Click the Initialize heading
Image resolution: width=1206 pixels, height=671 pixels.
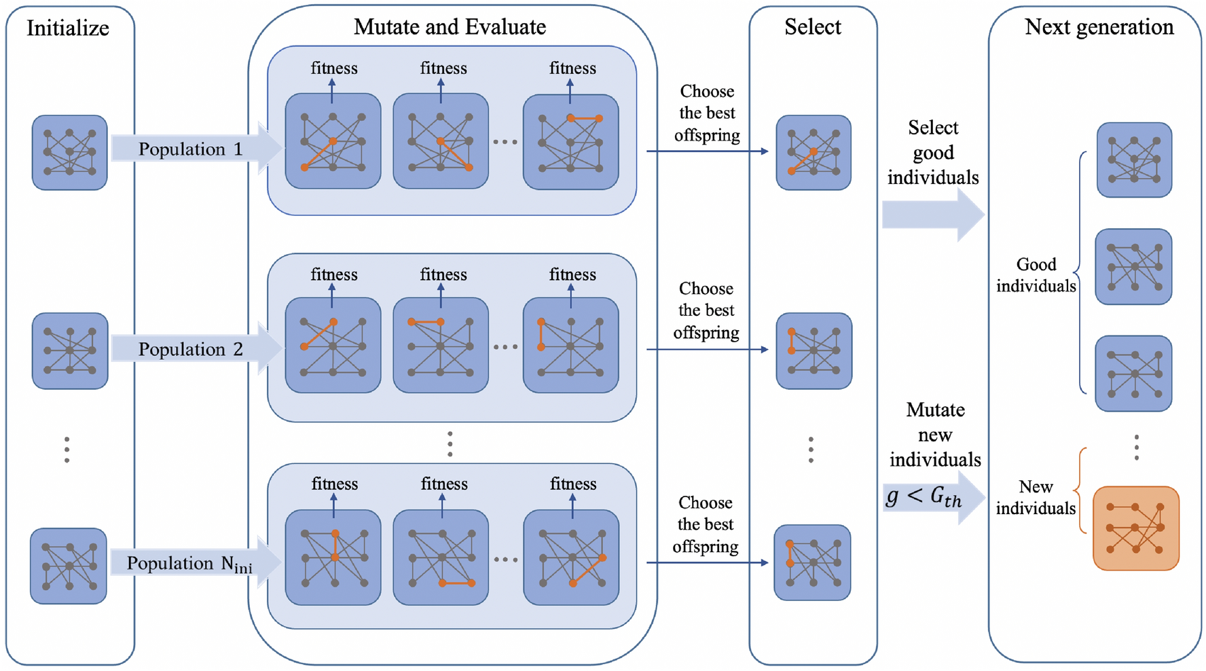[x=68, y=29]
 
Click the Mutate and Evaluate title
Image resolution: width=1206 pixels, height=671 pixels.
[x=450, y=27]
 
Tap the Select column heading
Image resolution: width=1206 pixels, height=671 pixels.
[x=812, y=27]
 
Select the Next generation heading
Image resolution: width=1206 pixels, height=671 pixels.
[x=1099, y=27]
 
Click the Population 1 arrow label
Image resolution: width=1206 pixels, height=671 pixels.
[x=190, y=149]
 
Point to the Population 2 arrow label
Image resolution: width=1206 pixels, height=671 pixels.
[x=190, y=349]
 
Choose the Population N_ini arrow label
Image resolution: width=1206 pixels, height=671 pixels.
[x=189, y=564]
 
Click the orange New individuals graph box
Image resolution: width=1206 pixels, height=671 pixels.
[x=1135, y=528]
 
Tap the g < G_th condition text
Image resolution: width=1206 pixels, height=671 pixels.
[x=924, y=497]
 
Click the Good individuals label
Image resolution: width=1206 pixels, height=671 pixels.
[x=1036, y=275]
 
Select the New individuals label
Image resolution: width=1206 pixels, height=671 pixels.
[x=1036, y=497]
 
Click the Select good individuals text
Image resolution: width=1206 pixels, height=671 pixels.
[x=933, y=152]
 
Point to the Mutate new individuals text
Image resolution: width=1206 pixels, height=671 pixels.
[x=935, y=435]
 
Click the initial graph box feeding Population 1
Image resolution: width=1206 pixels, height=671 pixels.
[x=69, y=152]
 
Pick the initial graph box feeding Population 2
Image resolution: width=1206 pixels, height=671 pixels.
[x=69, y=350]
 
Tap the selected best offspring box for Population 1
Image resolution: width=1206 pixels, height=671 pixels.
[x=814, y=152]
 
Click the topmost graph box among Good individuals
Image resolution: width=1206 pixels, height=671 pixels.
[x=1134, y=160]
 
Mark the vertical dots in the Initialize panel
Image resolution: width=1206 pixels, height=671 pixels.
[x=67, y=450]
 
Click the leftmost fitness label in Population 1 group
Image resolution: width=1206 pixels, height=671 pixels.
[x=334, y=69]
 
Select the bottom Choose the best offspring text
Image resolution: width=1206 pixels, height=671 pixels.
[x=706, y=524]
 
